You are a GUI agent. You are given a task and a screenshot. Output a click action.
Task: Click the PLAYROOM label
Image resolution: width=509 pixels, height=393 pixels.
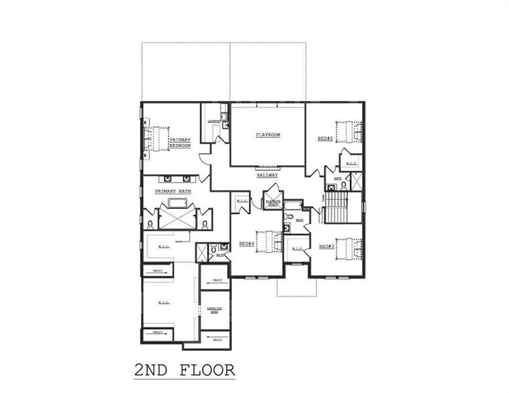pyautogui.click(x=267, y=135)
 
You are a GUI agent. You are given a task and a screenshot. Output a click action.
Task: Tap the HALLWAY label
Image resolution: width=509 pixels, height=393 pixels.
pyautogui.click(x=267, y=176)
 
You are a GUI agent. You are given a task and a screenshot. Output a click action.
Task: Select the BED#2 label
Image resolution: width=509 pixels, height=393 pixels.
pyautogui.click(x=326, y=138)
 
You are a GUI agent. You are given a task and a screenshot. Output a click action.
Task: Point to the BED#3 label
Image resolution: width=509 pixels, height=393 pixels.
pyautogui.click(x=327, y=246)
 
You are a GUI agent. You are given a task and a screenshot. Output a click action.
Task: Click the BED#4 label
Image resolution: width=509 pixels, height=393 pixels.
pyautogui.click(x=246, y=244)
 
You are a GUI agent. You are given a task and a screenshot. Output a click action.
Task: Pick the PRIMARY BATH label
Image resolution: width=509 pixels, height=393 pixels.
pyautogui.click(x=173, y=191)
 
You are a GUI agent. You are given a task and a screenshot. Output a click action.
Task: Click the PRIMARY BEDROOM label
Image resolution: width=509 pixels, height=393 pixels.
pyautogui.click(x=179, y=143)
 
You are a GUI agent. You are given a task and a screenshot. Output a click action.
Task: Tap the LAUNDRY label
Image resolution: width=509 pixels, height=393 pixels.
pyautogui.click(x=213, y=122)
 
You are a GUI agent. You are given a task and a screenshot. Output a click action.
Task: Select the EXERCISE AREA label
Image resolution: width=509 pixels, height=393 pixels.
pyautogui.click(x=215, y=310)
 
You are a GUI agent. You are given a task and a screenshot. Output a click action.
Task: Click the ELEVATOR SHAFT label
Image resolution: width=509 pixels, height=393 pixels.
pyautogui.click(x=272, y=203)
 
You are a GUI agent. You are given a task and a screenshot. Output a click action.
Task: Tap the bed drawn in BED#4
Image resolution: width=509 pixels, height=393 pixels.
pyautogui.click(x=266, y=243)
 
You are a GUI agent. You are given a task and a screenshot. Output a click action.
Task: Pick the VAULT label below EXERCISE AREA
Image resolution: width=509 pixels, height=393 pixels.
pyautogui.click(x=217, y=340)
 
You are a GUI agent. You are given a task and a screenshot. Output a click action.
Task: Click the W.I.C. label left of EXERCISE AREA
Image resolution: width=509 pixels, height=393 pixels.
pyautogui.click(x=164, y=303)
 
